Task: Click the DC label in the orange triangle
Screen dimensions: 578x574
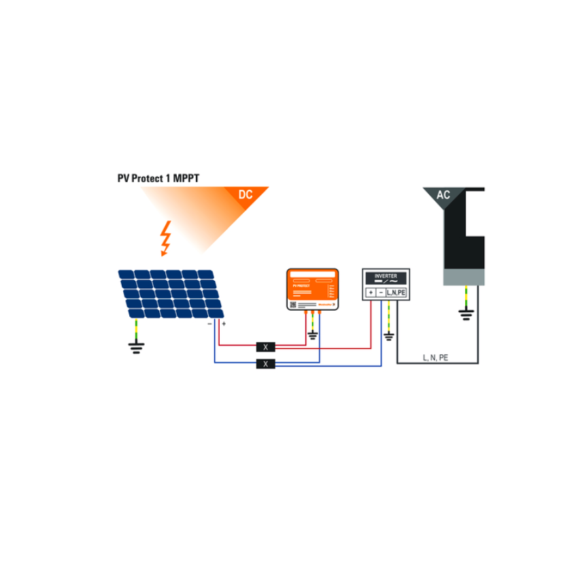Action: click(246, 195)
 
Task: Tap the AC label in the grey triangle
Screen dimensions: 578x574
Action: click(443, 195)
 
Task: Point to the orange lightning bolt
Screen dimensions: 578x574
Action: click(165, 237)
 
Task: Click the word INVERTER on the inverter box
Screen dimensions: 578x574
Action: click(385, 276)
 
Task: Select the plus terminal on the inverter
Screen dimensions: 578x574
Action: click(371, 292)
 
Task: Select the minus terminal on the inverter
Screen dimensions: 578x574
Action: click(380, 292)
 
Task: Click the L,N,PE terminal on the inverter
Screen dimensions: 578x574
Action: click(396, 292)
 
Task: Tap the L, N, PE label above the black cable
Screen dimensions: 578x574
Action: click(435, 357)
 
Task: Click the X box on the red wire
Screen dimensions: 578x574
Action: click(265, 347)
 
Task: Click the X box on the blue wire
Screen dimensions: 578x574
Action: click(265, 364)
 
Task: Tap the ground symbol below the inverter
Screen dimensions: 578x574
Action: click(388, 335)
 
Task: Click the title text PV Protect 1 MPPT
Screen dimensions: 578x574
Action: click(158, 178)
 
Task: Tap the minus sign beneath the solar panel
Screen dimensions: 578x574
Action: click(209, 324)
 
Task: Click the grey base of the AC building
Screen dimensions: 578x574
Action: click(465, 277)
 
